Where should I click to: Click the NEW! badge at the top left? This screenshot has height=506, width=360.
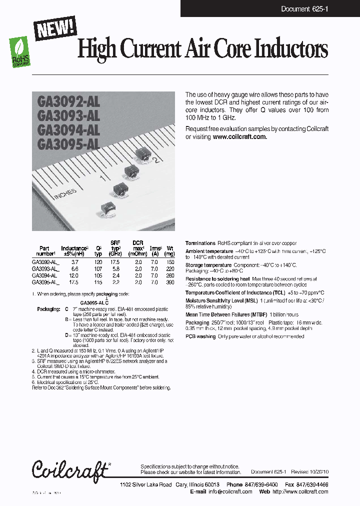(55, 27)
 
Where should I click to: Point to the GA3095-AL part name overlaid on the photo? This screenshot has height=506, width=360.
(68, 144)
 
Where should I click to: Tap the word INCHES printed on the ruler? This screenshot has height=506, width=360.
(65, 194)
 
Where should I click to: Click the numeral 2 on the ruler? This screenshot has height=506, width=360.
(156, 160)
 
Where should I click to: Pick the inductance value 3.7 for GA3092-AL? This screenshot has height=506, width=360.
(75, 261)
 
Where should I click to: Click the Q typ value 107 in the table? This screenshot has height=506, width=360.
(98, 268)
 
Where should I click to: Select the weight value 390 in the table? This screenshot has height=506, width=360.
(170, 282)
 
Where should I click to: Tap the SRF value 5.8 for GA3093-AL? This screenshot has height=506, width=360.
(116, 268)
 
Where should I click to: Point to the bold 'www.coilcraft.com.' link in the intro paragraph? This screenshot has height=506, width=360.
(240, 136)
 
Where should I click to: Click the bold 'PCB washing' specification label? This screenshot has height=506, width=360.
(200, 336)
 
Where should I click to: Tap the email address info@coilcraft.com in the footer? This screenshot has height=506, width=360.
(229, 491)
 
